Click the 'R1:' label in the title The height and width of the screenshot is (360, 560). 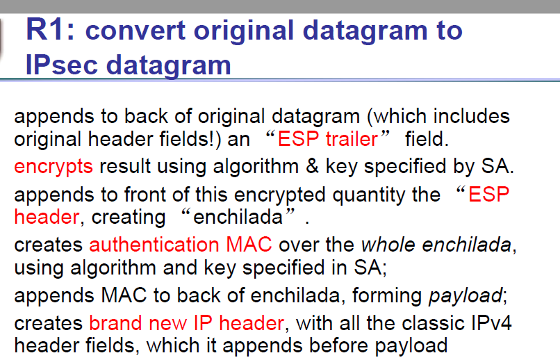(50, 30)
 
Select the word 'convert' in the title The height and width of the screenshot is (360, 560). (135, 31)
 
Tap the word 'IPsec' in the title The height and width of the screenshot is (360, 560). (62, 65)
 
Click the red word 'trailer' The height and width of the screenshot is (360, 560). (352, 138)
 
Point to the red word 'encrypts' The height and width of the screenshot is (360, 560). (53, 167)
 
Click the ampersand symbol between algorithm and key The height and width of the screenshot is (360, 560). (312, 166)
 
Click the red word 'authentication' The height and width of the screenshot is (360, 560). (154, 245)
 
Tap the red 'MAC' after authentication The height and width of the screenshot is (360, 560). (249, 245)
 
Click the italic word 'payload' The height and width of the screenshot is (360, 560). (466, 297)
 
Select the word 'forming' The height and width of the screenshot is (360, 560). (387, 297)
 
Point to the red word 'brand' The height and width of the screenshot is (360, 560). (115, 323)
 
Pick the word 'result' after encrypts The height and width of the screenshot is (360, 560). (125, 166)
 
